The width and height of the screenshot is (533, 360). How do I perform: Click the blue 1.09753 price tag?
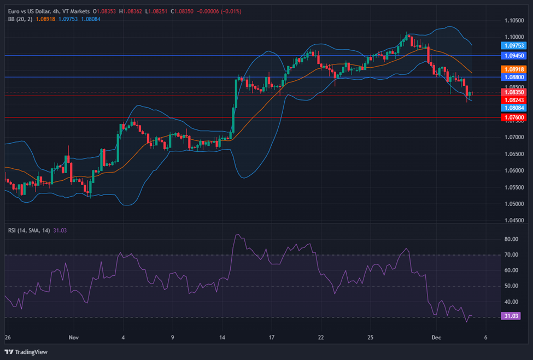tap(514, 46)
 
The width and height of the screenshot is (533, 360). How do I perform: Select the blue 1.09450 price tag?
tap(514, 56)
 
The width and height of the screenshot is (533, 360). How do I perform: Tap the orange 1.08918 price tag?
tap(514, 69)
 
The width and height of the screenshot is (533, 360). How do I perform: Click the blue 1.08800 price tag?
tap(514, 77)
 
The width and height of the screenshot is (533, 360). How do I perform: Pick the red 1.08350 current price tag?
tap(514, 92)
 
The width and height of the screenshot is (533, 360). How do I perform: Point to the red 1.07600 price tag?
tap(514, 117)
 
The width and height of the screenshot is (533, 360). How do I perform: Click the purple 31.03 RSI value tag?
tap(512, 316)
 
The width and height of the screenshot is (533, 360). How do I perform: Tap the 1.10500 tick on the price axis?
tap(514, 21)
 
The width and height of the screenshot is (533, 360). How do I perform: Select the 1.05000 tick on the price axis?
tap(514, 204)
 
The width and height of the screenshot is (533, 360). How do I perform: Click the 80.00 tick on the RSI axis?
tap(512, 239)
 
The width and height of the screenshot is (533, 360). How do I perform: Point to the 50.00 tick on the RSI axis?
tap(512, 286)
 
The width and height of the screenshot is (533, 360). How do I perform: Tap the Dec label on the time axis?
tap(436, 338)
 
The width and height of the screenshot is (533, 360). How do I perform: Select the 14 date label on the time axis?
tap(222, 338)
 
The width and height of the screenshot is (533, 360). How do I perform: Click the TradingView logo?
tap(26, 352)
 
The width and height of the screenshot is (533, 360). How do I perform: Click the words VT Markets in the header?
tap(75, 11)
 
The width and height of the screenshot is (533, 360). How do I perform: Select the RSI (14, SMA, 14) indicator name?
tap(28, 231)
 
